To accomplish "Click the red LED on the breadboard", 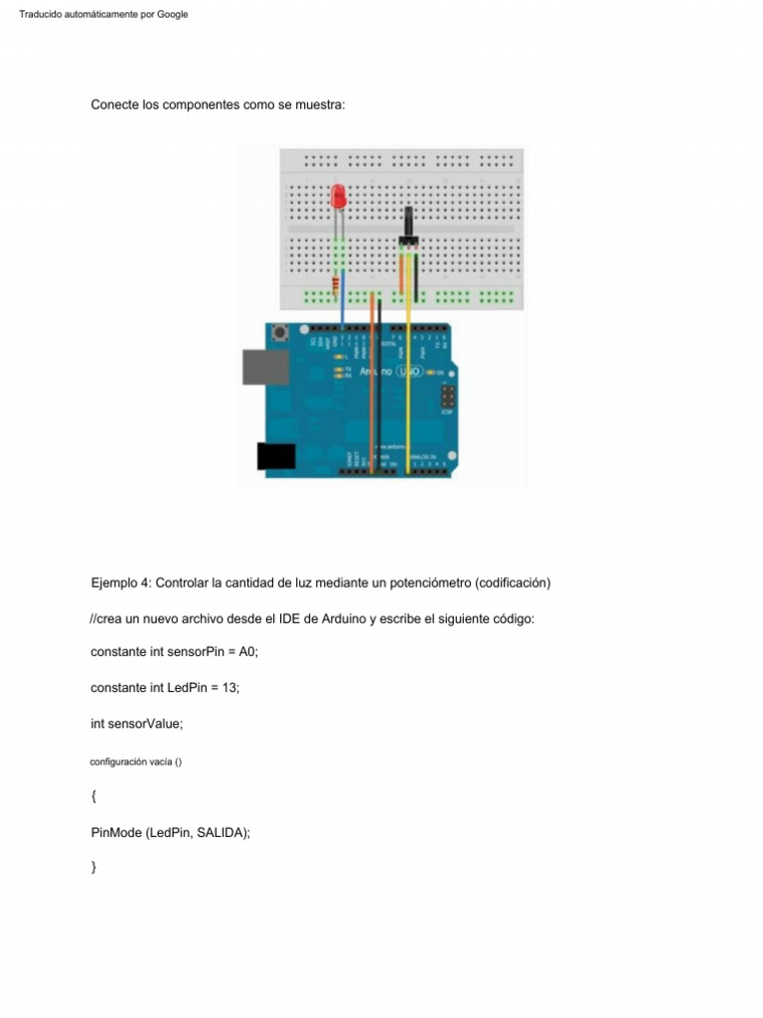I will point(339,197).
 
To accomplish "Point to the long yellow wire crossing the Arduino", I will point(408,398).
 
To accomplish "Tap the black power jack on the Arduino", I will point(276,455).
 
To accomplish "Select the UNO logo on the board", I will point(409,371).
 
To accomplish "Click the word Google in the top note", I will point(170,14).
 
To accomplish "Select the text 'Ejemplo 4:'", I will point(121,583).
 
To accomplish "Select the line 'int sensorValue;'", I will point(137,724).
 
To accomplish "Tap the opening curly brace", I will point(93,796).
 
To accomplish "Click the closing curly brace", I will point(93,868).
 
